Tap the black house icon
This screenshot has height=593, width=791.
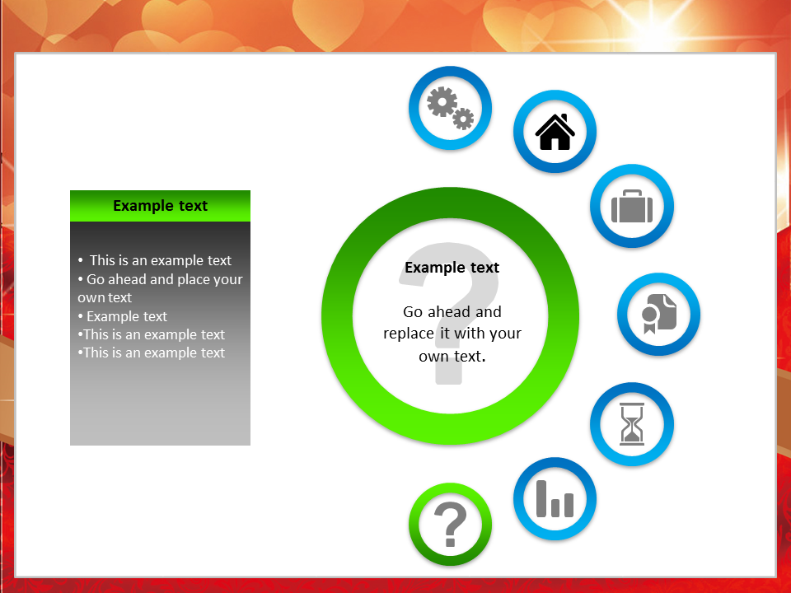[555, 132]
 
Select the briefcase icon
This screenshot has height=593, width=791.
[632, 206]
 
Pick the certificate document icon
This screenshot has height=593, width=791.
[659, 314]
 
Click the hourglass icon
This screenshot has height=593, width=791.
[632, 423]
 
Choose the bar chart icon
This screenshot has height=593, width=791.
[555, 499]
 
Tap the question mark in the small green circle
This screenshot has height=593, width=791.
[450, 525]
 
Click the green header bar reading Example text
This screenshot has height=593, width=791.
[160, 206]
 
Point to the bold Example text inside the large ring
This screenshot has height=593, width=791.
[452, 267]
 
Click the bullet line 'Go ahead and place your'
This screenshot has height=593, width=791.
[161, 279]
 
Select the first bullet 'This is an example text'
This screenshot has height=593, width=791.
[155, 260]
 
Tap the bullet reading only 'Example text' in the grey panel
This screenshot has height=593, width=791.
[123, 316]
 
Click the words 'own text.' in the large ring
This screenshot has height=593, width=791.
[452, 356]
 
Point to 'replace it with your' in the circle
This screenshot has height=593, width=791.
[452, 334]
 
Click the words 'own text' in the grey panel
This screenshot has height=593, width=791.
[105, 297]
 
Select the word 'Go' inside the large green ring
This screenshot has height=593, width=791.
[413, 311]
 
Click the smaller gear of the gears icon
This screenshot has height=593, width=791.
[463, 119]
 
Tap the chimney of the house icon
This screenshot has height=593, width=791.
[564, 118]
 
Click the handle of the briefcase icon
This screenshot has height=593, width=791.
[632, 193]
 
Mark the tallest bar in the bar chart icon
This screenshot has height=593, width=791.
[541, 499]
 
